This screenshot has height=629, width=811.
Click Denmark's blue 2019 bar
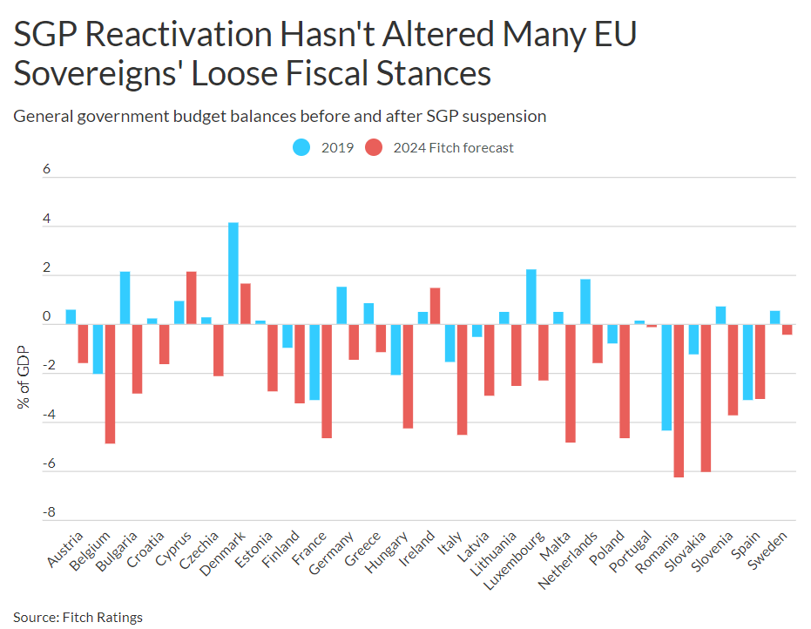pyautogui.click(x=233, y=274)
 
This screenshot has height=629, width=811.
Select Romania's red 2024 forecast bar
pyautogui.click(x=679, y=401)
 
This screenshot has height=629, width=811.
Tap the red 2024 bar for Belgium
pyautogui.click(x=110, y=383)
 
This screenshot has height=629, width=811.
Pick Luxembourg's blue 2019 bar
pyautogui.click(x=531, y=297)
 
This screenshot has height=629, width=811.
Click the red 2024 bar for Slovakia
pyautogui.click(x=706, y=398)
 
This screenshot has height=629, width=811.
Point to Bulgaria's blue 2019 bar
pyautogui.click(x=125, y=298)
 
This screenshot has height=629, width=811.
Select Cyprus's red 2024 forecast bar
pyautogui.click(x=192, y=298)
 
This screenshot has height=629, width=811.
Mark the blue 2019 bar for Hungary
pyautogui.click(x=396, y=349)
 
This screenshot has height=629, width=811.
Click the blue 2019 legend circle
pyautogui.click(x=301, y=147)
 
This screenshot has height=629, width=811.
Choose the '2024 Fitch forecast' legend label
pyautogui.click(x=453, y=148)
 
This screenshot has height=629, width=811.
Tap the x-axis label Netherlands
pyautogui.click(x=567, y=561)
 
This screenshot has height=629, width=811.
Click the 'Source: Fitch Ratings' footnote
pyautogui.click(x=78, y=618)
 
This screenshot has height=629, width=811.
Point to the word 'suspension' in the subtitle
pyautogui.click(x=509, y=116)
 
